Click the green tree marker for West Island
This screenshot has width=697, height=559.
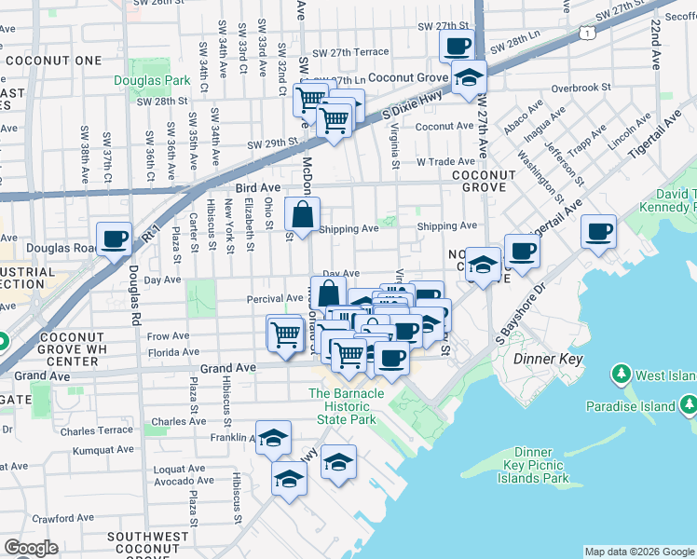pyautogui.click(x=621, y=375)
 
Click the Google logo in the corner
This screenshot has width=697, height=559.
pyautogui.click(x=31, y=548)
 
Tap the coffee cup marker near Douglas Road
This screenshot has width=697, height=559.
pyautogui.click(x=115, y=239)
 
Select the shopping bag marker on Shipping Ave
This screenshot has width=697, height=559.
pyautogui.click(x=304, y=215)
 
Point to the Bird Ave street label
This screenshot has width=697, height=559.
pyautogui.click(x=258, y=187)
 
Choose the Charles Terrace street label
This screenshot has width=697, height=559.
pyautogui.click(x=96, y=431)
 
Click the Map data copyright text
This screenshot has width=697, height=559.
pyautogui.click(x=638, y=551)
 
